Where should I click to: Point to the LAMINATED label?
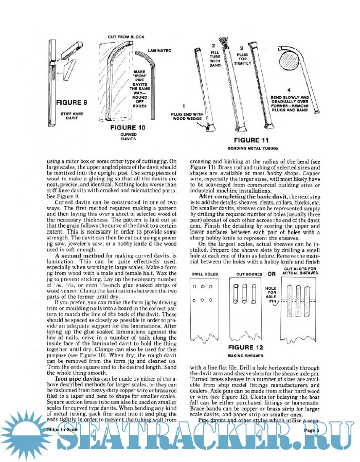pos(159,51)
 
